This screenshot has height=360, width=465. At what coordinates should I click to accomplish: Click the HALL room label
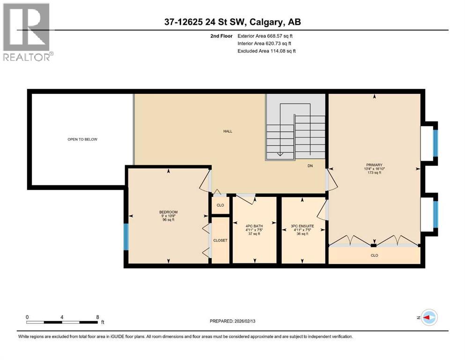[228, 131]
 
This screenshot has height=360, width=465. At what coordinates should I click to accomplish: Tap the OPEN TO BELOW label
[82, 139]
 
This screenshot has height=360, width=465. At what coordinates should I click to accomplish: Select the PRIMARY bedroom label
[374, 165]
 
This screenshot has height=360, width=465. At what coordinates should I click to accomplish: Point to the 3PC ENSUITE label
[302, 226]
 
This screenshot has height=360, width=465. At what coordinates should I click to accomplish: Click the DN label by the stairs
[310, 165]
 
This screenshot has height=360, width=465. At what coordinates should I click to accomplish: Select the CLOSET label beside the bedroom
[220, 240]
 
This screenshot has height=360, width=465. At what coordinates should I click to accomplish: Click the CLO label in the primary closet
[374, 255]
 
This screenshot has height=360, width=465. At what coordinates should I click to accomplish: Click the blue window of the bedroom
[125, 237]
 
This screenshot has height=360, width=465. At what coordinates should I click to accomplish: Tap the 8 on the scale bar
[97, 317]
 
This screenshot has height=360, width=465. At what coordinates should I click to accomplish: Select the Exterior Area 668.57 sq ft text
[266, 36]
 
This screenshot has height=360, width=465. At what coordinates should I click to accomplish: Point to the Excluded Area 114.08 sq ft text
[267, 51]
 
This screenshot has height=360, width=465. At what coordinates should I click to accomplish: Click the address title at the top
[232, 22]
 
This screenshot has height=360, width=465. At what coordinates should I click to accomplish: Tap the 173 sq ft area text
[374, 173]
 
